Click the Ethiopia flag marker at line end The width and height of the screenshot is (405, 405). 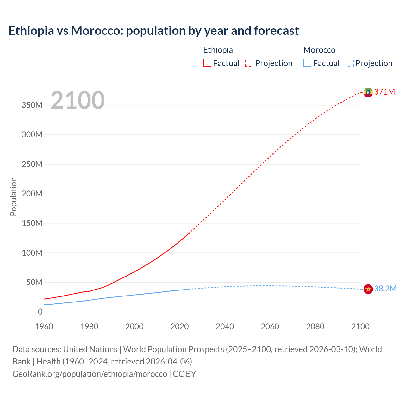pyautogui.click(x=368, y=92)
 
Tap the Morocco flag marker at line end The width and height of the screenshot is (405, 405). pyautogui.click(x=368, y=289)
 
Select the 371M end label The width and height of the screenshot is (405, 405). pyautogui.click(x=384, y=92)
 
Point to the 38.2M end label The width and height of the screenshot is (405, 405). pyautogui.click(x=385, y=289)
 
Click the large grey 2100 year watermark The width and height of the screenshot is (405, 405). pyautogui.click(x=78, y=100)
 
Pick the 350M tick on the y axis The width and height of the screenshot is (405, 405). pyautogui.click(x=32, y=105)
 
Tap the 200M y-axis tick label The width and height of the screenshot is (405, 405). pyautogui.click(x=32, y=194)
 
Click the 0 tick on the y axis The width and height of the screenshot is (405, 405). pyautogui.click(x=40, y=312)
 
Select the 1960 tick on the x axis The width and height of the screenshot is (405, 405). pyautogui.click(x=44, y=327)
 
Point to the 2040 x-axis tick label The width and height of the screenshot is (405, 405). pyautogui.click(x=225, y=327)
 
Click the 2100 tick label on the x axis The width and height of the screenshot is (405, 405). pyautogui.click(x=360, y=327)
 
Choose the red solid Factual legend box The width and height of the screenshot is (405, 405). pyautogui.click(x=207, y=63)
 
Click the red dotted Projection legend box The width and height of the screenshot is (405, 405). pyautogui.click(x=249, y=63)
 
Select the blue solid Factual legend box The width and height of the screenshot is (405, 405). pyautogui.click(x=307, y=63)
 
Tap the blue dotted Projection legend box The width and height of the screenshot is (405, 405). pyautogui.click(x=350, y=63)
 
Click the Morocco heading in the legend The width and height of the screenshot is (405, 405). pyautogui.click(x=319, y=50)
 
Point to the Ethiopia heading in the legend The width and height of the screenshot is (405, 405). pyautogui.click(x=218, y=50)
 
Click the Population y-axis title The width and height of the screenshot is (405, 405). pyautogui.click(x=13, y=196)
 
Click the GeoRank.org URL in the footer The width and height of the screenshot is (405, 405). pyautogui.click(x=90, y=374)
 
